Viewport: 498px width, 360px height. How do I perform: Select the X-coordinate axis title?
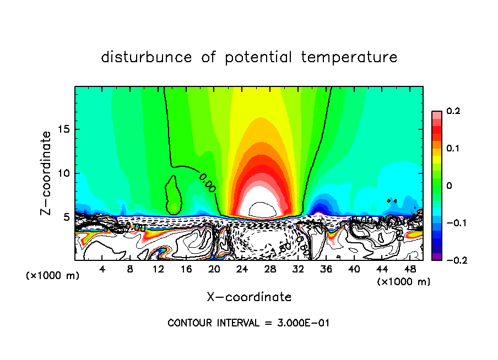[x=249, y=297]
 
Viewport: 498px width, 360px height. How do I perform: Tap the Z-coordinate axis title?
[x=47, y=173]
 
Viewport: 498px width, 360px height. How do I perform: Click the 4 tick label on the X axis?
[x=102, y=269]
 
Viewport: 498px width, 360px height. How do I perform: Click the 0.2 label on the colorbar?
[x=453, y=111]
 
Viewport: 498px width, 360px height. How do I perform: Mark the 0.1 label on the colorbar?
[x=453, y=149]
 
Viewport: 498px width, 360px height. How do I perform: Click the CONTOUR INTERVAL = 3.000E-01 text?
[x=248, y=323]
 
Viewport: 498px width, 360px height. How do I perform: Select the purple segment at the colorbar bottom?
[x=436, y=257]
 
